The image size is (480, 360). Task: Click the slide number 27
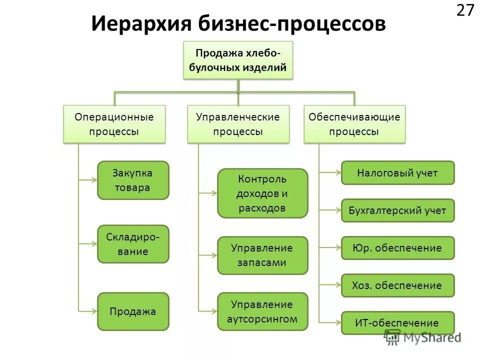(464, 10)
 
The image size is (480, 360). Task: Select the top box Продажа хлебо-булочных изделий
(238, 60)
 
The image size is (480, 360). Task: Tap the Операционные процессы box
(114, 124)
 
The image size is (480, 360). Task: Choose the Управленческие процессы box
(238, 124)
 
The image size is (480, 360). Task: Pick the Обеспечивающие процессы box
(354, 124)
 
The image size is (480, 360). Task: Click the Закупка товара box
(133, 180)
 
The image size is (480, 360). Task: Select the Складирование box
(133, 244)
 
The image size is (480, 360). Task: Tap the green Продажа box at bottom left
(133, 311)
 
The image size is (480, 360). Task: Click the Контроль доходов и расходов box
(262, 193)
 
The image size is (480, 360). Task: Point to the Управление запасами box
(262, 255)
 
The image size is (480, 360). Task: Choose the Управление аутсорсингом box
(262, 311)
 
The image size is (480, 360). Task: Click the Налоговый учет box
(397, 173)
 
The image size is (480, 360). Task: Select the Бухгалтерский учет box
(397, 210)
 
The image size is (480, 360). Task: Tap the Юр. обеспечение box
(397, 248)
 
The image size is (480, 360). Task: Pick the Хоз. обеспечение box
(397, 285)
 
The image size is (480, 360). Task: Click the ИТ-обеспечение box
(397, 323)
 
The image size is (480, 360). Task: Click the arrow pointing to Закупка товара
(88, 180)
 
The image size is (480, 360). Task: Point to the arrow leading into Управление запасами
(208, 255)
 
